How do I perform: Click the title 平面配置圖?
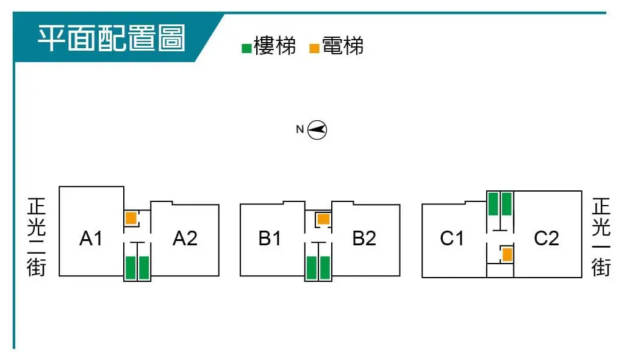pyautogui.click(x=112, y=38)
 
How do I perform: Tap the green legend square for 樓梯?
pyautogui.click(x=246, y=48)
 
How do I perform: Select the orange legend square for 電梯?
pyautogui.click(x=315, y=48)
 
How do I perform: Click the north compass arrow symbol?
pyautogui.click(x=317, y=129)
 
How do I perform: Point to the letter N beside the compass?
pyautogui.click(x=299, y=129)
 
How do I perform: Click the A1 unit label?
pyautogui.click(x=91, y=239)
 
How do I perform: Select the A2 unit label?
pyautogui.click(x=185, y=239)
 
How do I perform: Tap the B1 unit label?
pyautogui.click(x=270, y=239)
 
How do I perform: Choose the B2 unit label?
pyautogui.click(x=364, y=239)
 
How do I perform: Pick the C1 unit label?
pyautogui.click(x=452, y=239)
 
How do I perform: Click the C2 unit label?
pyautogui.click(x=546, y=239)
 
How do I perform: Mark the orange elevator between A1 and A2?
pyautogui.click(x=131, y=218)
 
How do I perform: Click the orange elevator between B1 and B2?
pyautogui.click(x=323, y=218)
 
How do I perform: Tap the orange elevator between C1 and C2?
pyautogui.click(x=507, y=254)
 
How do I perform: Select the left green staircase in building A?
pyautogui.click(x=130, y=268)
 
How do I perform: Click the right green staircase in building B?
pyautogui.click(x=325, y=268)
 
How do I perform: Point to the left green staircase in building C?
pyautogui.click(x=493, y=203)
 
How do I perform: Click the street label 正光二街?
pyautogui.click(x=37, y=236)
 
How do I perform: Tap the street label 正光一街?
pyautogui.click(x=601, y=236)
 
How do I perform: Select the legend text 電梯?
pyautogui.click(x=343, y=46)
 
